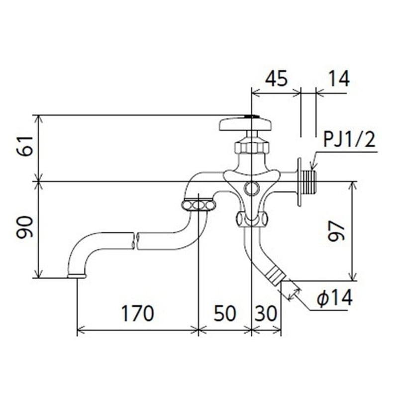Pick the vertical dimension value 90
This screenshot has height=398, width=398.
click(25, 227)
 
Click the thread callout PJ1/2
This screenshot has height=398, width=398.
click(349, 139)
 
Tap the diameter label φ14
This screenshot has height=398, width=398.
click(335, 298)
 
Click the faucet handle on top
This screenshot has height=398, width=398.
click(245, 124)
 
